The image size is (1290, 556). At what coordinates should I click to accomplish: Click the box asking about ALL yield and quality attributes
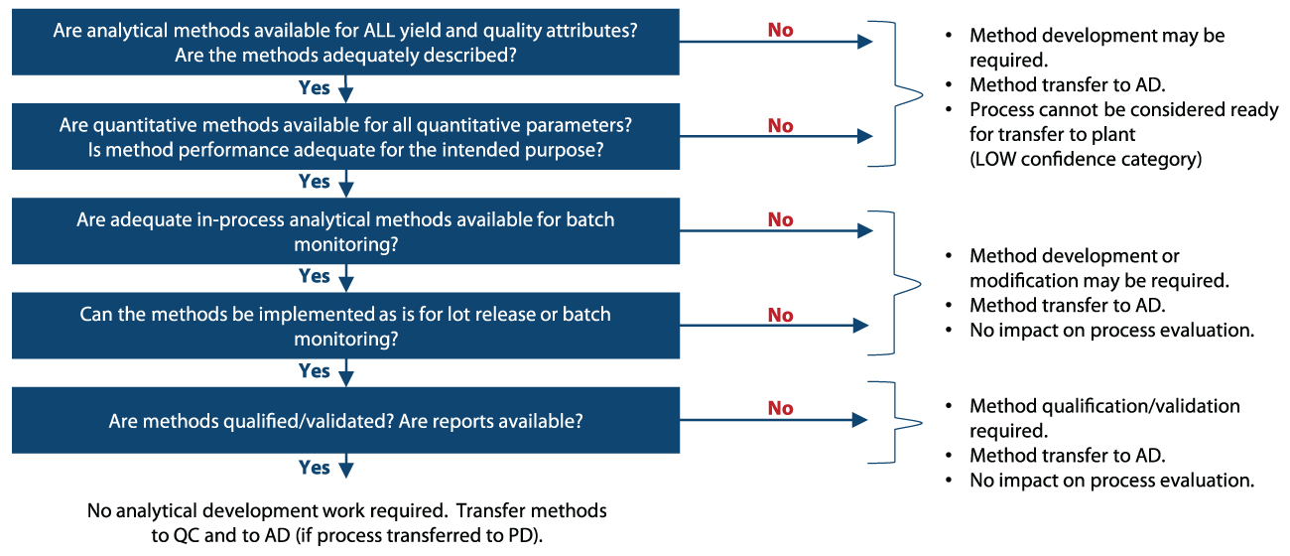coord(345,42)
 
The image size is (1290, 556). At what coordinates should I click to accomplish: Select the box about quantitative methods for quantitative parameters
coord(345,137)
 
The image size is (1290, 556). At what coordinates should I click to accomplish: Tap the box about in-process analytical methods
coord(345,231)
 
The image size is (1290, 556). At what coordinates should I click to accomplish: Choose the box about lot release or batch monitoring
coord(345,326)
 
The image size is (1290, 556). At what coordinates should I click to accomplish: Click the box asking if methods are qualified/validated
coord(345,420)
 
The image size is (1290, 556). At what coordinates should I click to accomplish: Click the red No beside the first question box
coord(780,30)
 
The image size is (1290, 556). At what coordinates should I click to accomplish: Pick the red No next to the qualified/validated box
coord(780,408)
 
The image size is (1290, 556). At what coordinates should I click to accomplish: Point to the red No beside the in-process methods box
coord(780,219)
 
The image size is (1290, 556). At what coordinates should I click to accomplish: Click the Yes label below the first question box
coord(314,87)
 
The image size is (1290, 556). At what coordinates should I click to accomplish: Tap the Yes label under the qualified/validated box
coord(314,468)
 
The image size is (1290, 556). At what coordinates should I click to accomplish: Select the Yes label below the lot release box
coord(314,371)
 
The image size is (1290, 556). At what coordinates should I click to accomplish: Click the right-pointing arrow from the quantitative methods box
coord(776,136)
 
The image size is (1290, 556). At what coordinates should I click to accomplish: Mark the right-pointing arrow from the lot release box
coord(774,326)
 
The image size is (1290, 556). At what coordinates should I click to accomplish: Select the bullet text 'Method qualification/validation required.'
coord(1104,418)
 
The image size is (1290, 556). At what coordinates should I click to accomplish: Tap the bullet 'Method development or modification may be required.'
coord(1098,268)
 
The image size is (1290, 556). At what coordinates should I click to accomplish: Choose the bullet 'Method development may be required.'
coord(1096,48)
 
